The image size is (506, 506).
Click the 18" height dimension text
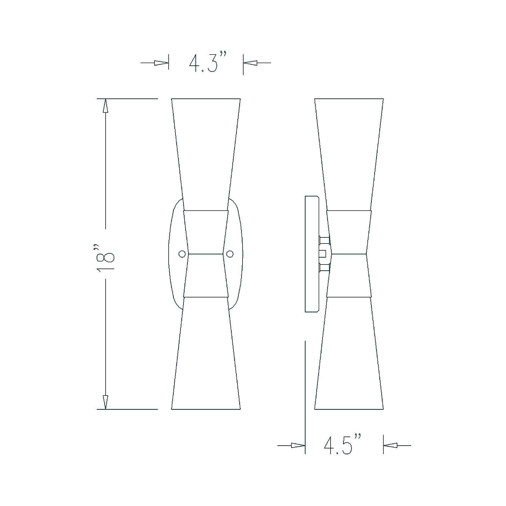pyautogui.click(x=105, y=254)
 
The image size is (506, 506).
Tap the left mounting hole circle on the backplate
pyautogui.click(x=182, y=254)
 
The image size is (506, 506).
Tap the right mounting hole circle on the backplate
pyautogui.click(x=230, y=254)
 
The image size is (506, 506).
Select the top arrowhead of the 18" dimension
pyautogui.click(x=106, y=106)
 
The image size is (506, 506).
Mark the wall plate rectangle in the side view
pyautogui.click(x=312, y=254)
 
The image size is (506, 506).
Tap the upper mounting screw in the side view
pyautogui.click(x=324, y=240)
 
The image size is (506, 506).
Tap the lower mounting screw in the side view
pyautogui.click(x=324, y=268)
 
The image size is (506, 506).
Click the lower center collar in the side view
pyautogui.click(x=349, y=275)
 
